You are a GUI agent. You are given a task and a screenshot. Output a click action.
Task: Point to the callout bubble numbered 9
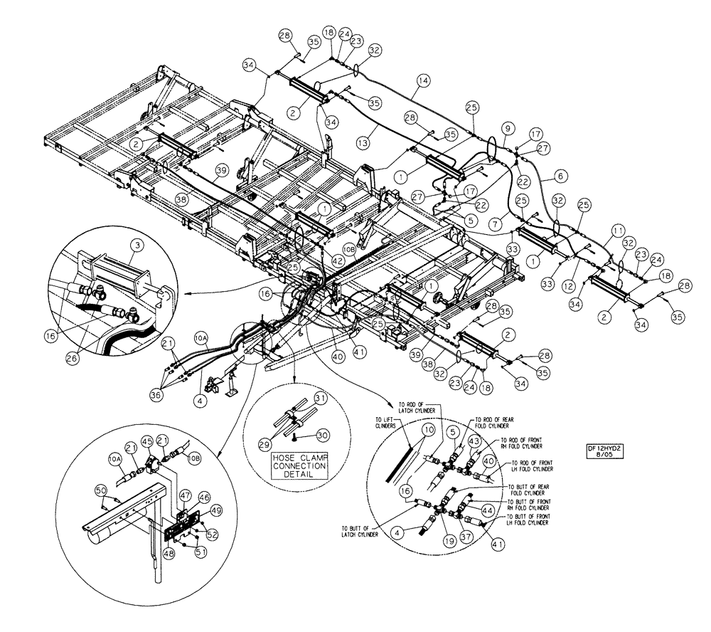[506, 128]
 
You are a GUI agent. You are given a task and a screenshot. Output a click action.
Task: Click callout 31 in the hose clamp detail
[320, 398]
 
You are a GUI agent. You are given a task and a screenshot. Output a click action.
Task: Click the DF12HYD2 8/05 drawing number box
[600, 453]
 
